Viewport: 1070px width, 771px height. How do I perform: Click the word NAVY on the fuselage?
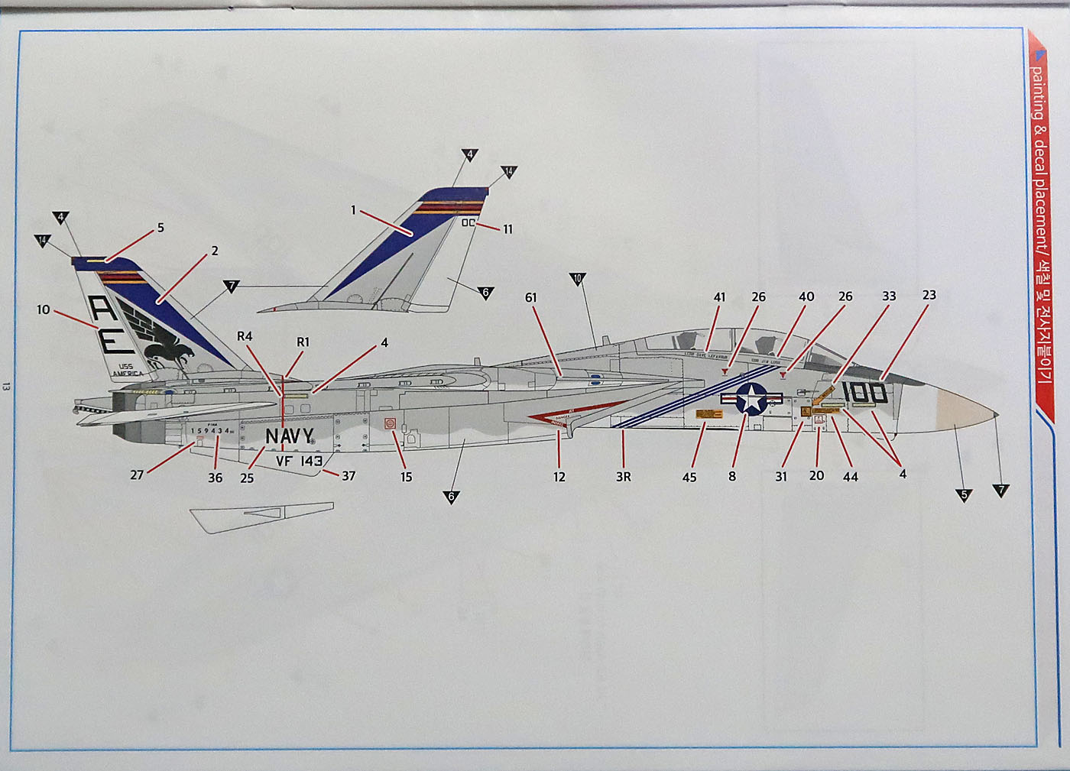pyautogui.click(x=289, y=437)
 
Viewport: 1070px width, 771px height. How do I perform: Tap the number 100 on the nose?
pyautogui.click(x=864, y=393)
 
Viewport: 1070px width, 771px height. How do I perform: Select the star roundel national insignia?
pyautogui.click(x=752, y=399)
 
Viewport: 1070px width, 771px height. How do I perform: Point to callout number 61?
pyautogui.click(x=531, y=297)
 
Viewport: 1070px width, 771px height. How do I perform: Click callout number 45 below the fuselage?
pyautogui.click(x=689, y=477)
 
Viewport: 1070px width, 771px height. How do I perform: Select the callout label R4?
pyautogui.click(x=245, y=336)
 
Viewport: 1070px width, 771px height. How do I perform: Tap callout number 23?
pyautogui.click(x=929, y=295)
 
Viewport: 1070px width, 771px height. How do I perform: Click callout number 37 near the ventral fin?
pyautogui.click(x=349, y=475)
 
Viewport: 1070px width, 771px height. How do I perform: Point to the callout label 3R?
pyautogui.click(x=624, y=477)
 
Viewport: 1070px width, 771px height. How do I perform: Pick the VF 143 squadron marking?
pyautogui.click(x=299, y=461)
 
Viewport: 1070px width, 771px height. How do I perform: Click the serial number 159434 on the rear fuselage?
pyautogui.click(x=211, y=431)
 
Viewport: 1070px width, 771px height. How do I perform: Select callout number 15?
pyautogui.click(x=406, y=477)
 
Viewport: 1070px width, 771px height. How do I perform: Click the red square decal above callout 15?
pyautogui.click(x=390, y=423)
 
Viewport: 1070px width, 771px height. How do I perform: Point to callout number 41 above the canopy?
pyautogui.click(x=719, y=297)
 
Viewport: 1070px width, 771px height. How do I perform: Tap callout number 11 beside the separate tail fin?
pyautogui.click(x=507, y=229)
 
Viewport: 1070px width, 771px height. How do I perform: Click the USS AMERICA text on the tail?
pyautogui.click(x=127, y=370)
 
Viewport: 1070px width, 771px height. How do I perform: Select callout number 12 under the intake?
pyautogui.click(x=559, y=477)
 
